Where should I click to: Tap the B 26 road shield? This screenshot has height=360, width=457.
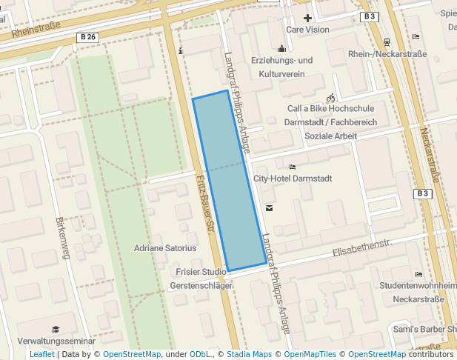87,37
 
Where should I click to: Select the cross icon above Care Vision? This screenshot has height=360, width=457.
307,17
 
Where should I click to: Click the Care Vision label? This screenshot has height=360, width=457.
307,30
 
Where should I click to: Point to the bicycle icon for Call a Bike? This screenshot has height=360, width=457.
330,98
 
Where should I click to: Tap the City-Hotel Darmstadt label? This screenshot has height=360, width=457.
293,179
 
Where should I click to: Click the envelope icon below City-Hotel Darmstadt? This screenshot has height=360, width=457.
268,208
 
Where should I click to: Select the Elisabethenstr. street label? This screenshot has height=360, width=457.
361,247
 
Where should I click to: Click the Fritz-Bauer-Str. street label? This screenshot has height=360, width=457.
206,204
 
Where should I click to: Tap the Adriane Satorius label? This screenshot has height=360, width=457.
165,248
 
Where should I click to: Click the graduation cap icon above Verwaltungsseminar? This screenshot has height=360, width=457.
56,329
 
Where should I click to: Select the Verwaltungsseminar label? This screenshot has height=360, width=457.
56,341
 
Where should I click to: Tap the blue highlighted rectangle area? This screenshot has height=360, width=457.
230,181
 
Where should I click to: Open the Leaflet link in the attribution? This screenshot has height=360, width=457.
41,354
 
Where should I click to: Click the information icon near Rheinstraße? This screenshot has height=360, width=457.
181,50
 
